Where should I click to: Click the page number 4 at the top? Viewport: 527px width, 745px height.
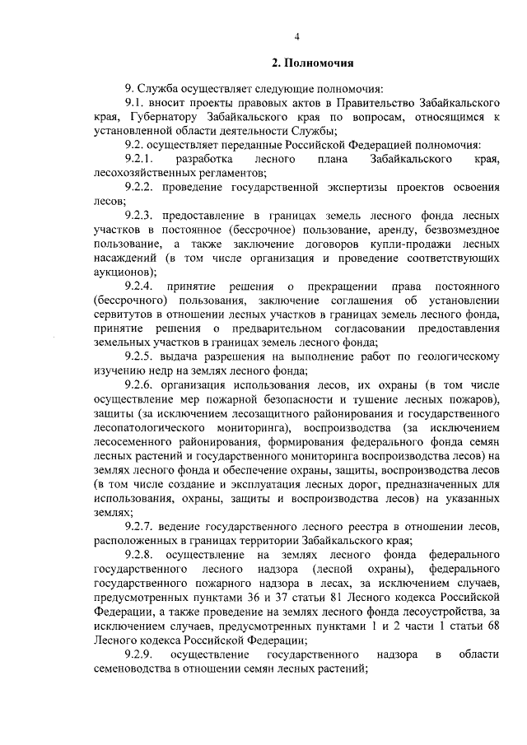pos(297,35)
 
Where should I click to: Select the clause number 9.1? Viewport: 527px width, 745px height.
pos(136,104)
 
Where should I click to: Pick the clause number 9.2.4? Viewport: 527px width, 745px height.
pos(140,286)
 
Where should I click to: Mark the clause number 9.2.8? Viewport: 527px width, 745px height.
pos(140,555)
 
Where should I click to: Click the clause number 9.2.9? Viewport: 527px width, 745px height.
pos(140,653)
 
